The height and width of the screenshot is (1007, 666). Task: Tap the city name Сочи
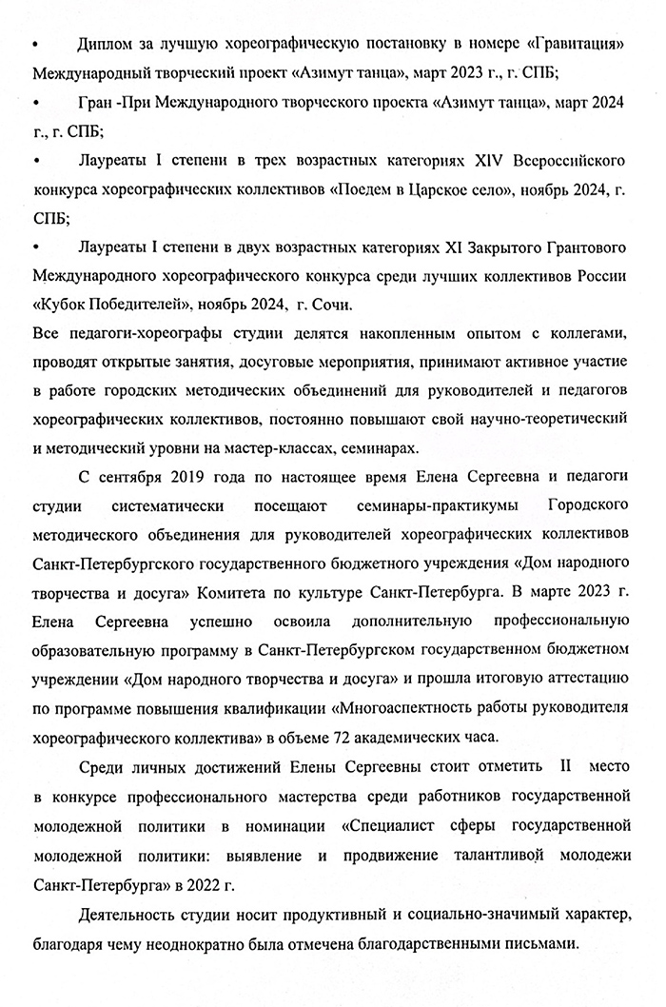(331, 306)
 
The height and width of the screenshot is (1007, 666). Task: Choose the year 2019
(179, 477)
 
